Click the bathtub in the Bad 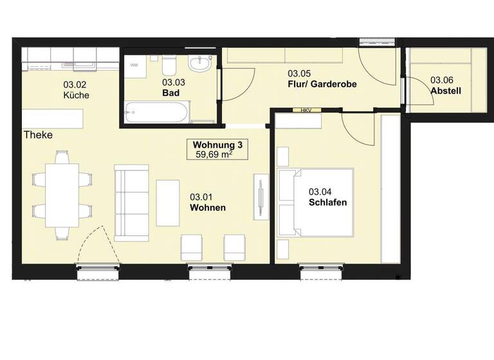pos(156,113)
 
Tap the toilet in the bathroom pos(169,67)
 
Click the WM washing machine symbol pos(134,66)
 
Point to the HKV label pos(306,111)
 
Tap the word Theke pos(38,136)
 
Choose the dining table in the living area pos(62,194)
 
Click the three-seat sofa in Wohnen pos(132,201)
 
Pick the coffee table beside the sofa pos(168,202)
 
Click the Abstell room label pos(446,91)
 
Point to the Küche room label pos(76,95)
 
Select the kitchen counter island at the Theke pos(53,119)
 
